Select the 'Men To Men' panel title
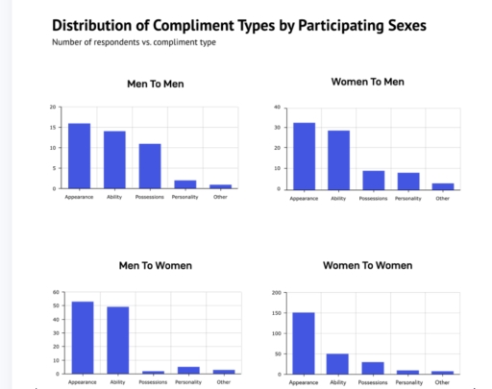[155, 84]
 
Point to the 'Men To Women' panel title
[155, 265]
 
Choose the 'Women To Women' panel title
[368, 265]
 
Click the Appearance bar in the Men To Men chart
[79, 156]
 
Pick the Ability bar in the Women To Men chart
[337, 159]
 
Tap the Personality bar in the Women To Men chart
[407, 181]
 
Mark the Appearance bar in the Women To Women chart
[303, 343]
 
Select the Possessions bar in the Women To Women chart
[373, 368]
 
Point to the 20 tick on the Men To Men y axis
[52, 107]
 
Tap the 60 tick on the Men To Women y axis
[56, 292]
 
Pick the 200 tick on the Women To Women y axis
[276, 292]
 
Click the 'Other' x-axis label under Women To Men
[442, 198]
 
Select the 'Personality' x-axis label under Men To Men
[184, 198]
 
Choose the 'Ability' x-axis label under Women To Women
[338, 381]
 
